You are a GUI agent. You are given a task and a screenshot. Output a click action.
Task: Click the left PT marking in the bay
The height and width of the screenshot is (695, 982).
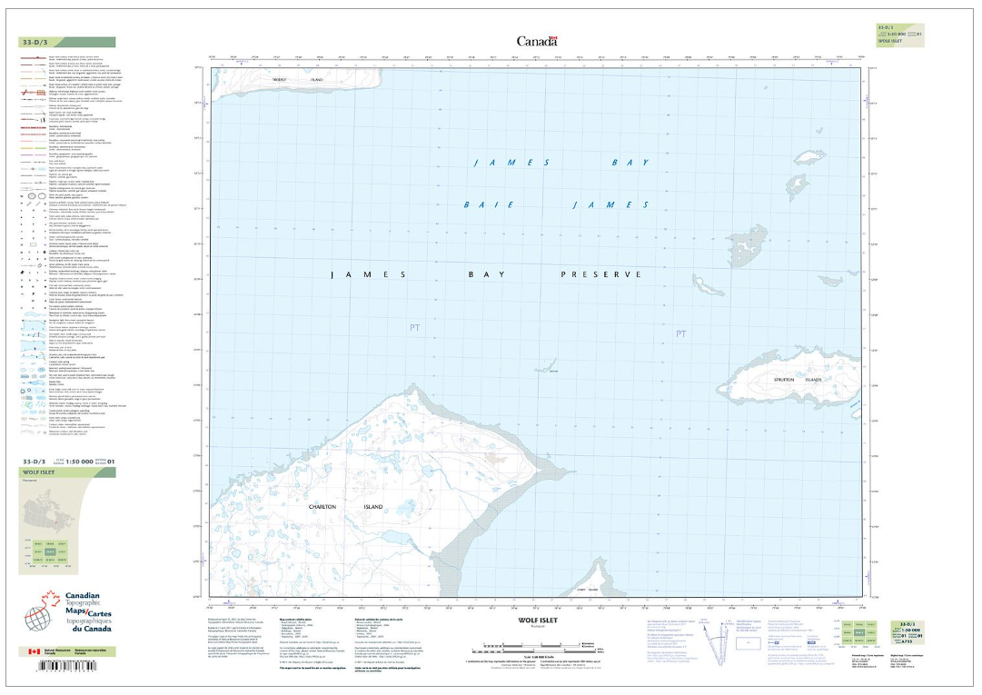[416, 327]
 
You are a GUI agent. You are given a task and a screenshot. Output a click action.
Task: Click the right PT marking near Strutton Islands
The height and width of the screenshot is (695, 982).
[681, 335]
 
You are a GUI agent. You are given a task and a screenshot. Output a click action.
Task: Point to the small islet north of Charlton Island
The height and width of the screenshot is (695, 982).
[547, 368]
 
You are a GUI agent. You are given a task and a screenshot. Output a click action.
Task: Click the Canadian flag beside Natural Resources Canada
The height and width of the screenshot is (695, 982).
[35, 651]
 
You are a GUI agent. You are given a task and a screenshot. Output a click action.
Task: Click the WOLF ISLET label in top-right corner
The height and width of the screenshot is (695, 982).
[890, 42]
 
